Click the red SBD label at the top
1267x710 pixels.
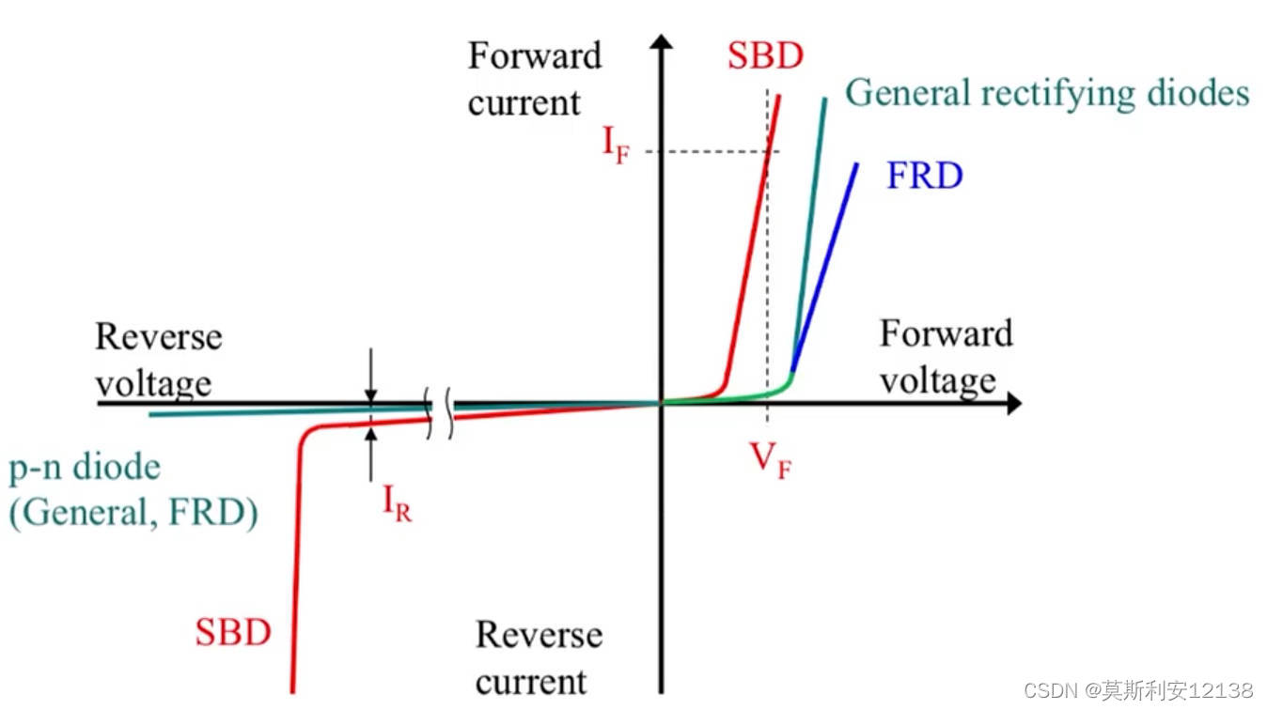pyautogui.click(x=765, y=56)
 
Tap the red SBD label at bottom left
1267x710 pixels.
pyautogui.click(x=233, y=632)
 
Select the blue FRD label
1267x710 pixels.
pyautogui.click(x=924, y=177)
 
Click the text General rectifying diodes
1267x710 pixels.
pyautogui.click(x=1047, y=94)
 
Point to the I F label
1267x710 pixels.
pyautogui.click(x=616, y=146)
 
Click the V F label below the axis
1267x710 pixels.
pyautogui.click(x=770, y=461)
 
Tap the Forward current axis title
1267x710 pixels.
pyautogui.click(x=534, y=79)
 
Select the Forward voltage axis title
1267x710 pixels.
pyautogui.click(x=946, y=357)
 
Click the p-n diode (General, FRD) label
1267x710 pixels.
pyautogui.click(x=133, y=490)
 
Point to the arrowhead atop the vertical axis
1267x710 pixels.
pyautogui.click(x=663, y=42)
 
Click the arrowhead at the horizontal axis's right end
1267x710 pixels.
pyautogui.click(x=1013, y=404)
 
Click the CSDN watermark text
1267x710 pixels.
pyautogui.click(x=1137, y=690)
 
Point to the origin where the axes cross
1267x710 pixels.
pyautogui.click(x=663, y=404)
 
